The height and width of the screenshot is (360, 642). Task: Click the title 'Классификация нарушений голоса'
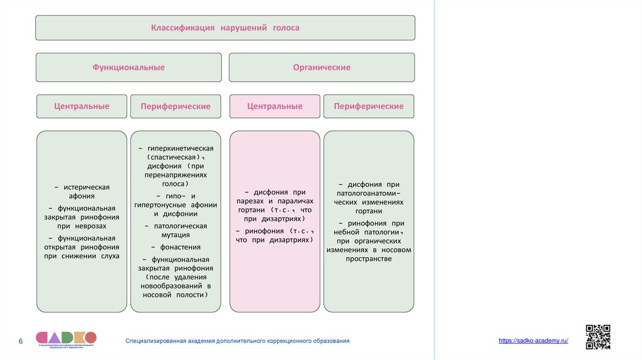click(x=224, y=28)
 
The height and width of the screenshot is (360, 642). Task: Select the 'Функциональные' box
click(x=129, y=67)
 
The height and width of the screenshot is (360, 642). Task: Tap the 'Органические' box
click(x=322, y=67)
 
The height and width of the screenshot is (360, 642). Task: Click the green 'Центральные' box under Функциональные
click(x=82, y=107)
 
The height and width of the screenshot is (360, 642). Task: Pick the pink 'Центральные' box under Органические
click(x=275, y=107)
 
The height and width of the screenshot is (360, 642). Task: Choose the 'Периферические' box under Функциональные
click(x=176, y=107)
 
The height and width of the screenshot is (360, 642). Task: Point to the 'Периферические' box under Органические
click(x=369, y=107)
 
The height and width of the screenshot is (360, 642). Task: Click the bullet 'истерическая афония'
click(x=82, y=191)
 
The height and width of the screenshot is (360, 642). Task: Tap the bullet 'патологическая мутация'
click(x=176, y=230)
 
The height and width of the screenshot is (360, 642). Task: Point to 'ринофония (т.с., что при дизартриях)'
click(x=275, y=235)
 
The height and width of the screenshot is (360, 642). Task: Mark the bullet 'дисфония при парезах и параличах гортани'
click(x=275, y=205)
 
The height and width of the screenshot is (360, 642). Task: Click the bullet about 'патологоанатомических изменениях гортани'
click(x=369, y=198)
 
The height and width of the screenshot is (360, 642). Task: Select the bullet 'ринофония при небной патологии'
click(x=369, y=241)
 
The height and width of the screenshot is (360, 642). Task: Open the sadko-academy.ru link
click(x=533, y=340)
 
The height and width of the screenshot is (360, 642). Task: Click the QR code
click(x=597, y=336)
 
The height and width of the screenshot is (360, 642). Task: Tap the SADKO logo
click(x=66, y=338)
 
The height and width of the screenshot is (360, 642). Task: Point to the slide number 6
click(x=21, y=341)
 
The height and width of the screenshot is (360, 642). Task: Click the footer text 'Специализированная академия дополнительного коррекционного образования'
click(x=237, y=341)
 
